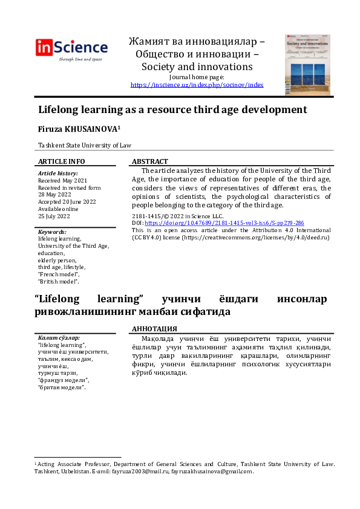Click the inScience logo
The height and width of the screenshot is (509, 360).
pos(72,48)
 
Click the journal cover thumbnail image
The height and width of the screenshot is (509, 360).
pos(308,65)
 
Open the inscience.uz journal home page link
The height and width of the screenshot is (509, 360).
pos(197,85)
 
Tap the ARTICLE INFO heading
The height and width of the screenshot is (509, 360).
pos(62,161)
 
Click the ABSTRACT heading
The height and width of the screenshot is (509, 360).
pos(150,161)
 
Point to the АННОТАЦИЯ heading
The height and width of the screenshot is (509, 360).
pos(155,329)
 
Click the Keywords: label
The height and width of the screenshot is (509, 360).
pos(52,232)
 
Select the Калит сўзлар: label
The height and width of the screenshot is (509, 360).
pos(59,337)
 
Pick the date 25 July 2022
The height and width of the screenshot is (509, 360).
pos(54,216)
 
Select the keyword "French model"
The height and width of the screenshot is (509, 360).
pos(59,274)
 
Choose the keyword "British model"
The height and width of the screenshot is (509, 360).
pos(59,282)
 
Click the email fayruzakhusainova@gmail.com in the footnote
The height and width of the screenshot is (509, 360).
pos(212,472)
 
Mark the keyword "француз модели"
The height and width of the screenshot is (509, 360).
pos(64,380)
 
